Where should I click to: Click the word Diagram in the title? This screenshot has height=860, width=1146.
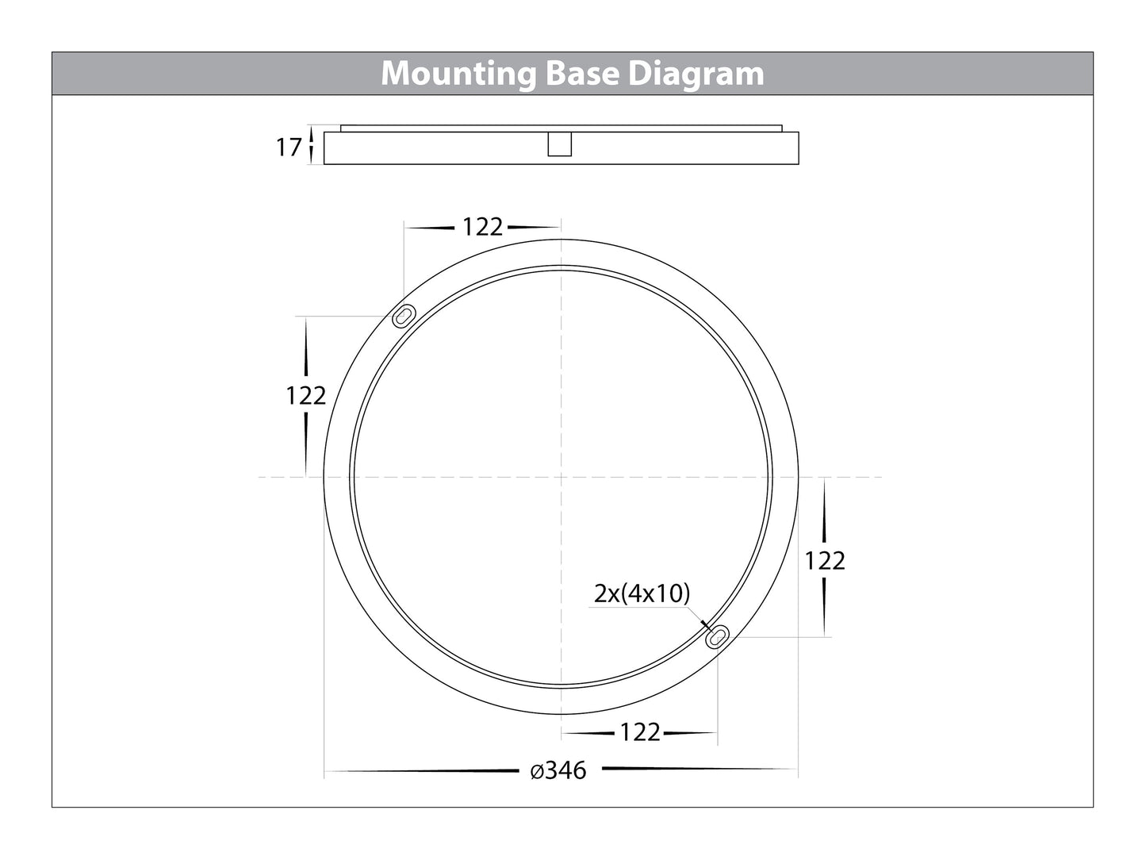(696, 74)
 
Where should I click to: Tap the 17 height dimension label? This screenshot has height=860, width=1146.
(289, 148)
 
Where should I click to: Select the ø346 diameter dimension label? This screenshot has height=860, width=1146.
(559, 770)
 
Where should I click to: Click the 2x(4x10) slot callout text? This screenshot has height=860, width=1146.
(642, 593)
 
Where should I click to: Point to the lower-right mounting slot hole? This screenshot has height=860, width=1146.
(719, 635)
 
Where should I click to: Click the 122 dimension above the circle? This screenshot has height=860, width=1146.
(482, 228)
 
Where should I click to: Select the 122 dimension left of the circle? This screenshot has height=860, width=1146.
(306, 395)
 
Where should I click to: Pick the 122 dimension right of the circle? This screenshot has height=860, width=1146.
(825, 561)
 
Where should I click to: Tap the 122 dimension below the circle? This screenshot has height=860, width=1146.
(640, 732)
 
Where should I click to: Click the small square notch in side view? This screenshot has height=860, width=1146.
(560, 144)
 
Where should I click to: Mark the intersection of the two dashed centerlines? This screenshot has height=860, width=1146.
(562, 477)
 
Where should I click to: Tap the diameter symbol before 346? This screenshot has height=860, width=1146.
(536, 770)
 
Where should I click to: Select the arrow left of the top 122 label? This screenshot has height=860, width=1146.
(431, 228)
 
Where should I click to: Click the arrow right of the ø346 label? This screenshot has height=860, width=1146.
(690, 769)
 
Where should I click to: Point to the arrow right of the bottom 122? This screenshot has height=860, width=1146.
(690, 733)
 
